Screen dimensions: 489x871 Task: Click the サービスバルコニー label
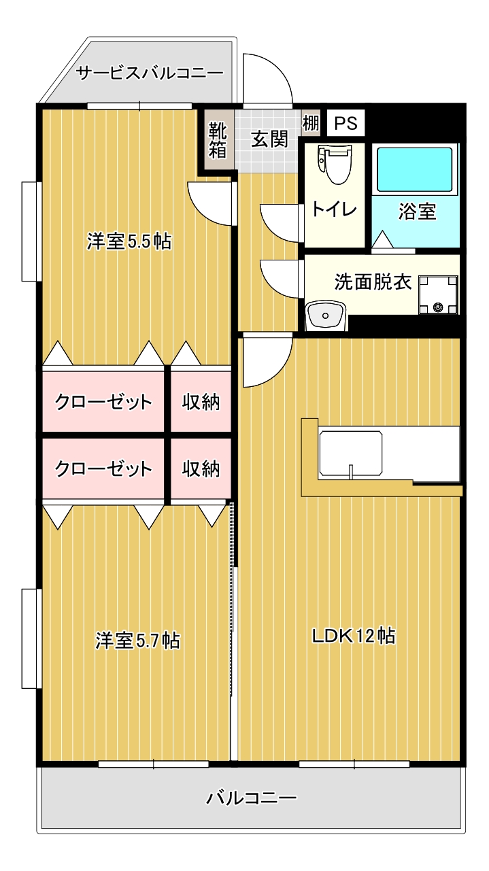coord(150,73)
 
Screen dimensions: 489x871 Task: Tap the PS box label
coord(346,123)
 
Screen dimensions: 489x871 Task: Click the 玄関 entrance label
coord(269,139)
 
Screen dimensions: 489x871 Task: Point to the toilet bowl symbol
coord(335,163)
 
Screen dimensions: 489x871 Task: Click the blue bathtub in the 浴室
coord(415,169)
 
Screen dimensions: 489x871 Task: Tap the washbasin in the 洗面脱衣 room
coord(326,315)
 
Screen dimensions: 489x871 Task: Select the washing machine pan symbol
coord(438,294)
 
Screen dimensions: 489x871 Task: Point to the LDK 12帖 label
coord(354,636)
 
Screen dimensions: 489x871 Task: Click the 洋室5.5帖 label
coord(129,241)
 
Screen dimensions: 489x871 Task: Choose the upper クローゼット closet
coord(103,401)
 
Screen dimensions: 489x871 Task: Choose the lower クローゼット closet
coord(103,468)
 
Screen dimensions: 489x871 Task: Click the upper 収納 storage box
coord(201,401)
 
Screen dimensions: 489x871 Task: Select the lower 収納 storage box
coord(201,468)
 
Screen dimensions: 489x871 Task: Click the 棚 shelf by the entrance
coord(310,123)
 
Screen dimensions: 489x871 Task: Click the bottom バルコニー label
coord(252,799)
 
